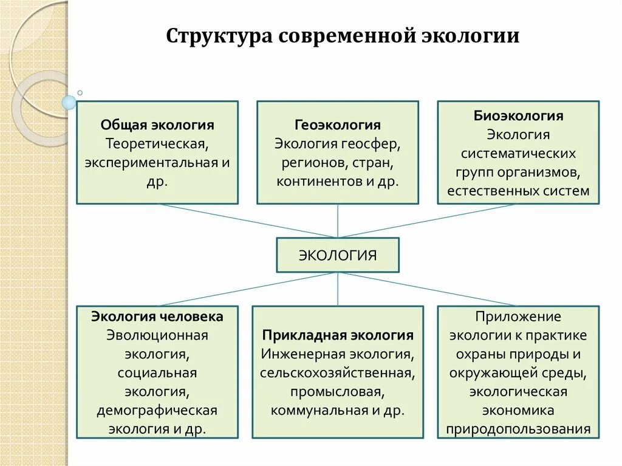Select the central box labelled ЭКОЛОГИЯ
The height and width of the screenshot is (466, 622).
338,255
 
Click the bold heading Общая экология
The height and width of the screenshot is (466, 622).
157,125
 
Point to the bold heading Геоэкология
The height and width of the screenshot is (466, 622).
338,125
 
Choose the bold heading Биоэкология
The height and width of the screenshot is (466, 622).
519,115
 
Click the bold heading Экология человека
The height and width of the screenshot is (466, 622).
157,317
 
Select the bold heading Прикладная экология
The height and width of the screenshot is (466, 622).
338,335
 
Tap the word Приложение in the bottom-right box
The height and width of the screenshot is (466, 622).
518,317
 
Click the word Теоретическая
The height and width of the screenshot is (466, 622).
157,144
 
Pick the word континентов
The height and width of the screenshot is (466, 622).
315,181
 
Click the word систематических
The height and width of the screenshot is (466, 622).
518,153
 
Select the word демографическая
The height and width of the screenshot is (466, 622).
157,410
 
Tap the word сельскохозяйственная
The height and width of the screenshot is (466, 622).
338,372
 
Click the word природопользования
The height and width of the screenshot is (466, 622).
518,429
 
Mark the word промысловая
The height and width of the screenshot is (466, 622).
338,391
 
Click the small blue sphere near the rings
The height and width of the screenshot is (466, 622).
69,103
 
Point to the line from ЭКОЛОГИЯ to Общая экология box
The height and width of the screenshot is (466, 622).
249,221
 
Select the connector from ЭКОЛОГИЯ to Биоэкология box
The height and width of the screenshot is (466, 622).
425,221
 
